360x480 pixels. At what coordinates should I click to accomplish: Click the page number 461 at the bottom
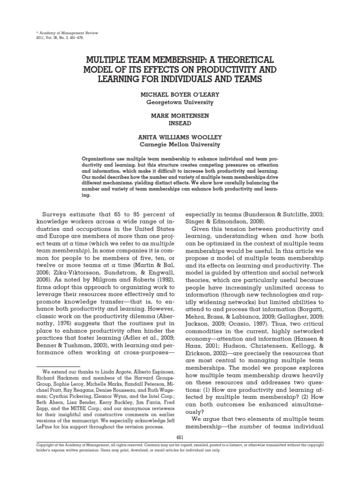coord(180,437)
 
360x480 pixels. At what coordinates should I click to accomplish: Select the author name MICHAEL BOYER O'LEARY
coord(180,94)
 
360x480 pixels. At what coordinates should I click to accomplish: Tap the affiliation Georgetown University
coord(180,102)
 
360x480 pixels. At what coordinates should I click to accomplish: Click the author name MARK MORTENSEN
coord(180,116)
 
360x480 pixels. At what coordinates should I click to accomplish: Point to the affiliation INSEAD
coord(180,123)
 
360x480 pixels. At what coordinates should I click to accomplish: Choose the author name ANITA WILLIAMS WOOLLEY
coord(180,138)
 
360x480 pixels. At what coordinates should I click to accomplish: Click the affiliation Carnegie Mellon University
coord(180,145)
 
